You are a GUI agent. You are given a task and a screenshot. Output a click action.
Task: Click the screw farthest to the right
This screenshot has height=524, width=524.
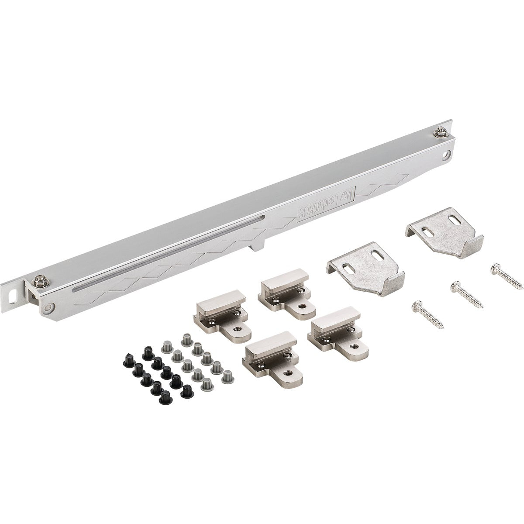507,276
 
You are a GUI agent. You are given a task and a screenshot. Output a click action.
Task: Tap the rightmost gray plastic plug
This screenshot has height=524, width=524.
227,376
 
